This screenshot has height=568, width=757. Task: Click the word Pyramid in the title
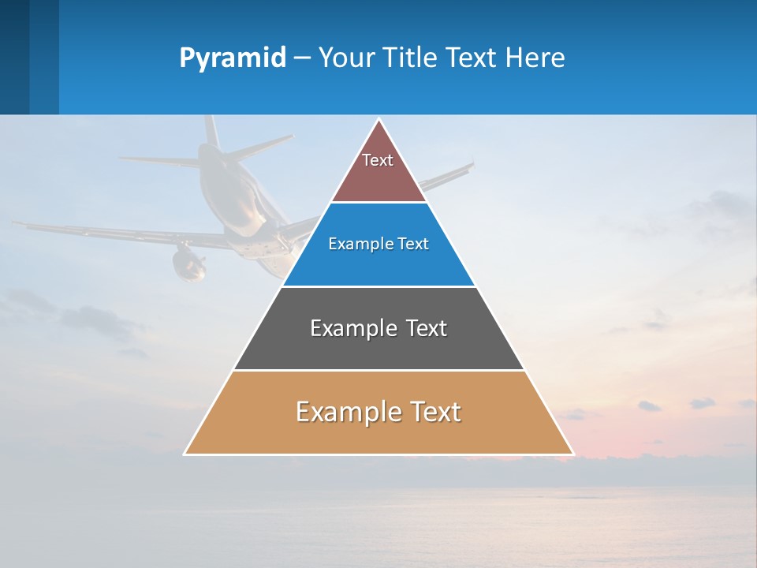click(233, 58)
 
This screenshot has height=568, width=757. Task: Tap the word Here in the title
click(535, 58)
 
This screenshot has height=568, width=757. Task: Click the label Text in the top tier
click(378, 160)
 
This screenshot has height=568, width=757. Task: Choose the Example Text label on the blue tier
click(378, 244)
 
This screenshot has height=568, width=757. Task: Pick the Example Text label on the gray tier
click(378, 328)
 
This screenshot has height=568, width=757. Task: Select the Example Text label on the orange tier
click(378, 412)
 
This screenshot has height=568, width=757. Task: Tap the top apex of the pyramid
click(379, 119)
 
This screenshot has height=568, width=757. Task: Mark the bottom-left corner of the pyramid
click(185, 454)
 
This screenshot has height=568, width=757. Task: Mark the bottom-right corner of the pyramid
click(573, 454)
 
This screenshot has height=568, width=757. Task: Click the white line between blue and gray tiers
click(378, 286)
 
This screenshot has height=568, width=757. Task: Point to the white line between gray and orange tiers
click(378, 370)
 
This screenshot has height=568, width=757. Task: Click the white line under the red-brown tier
click(378, 202)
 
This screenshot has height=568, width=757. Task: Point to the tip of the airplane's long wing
click(16, 224)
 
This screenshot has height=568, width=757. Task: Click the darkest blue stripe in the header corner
click(14, 57)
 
